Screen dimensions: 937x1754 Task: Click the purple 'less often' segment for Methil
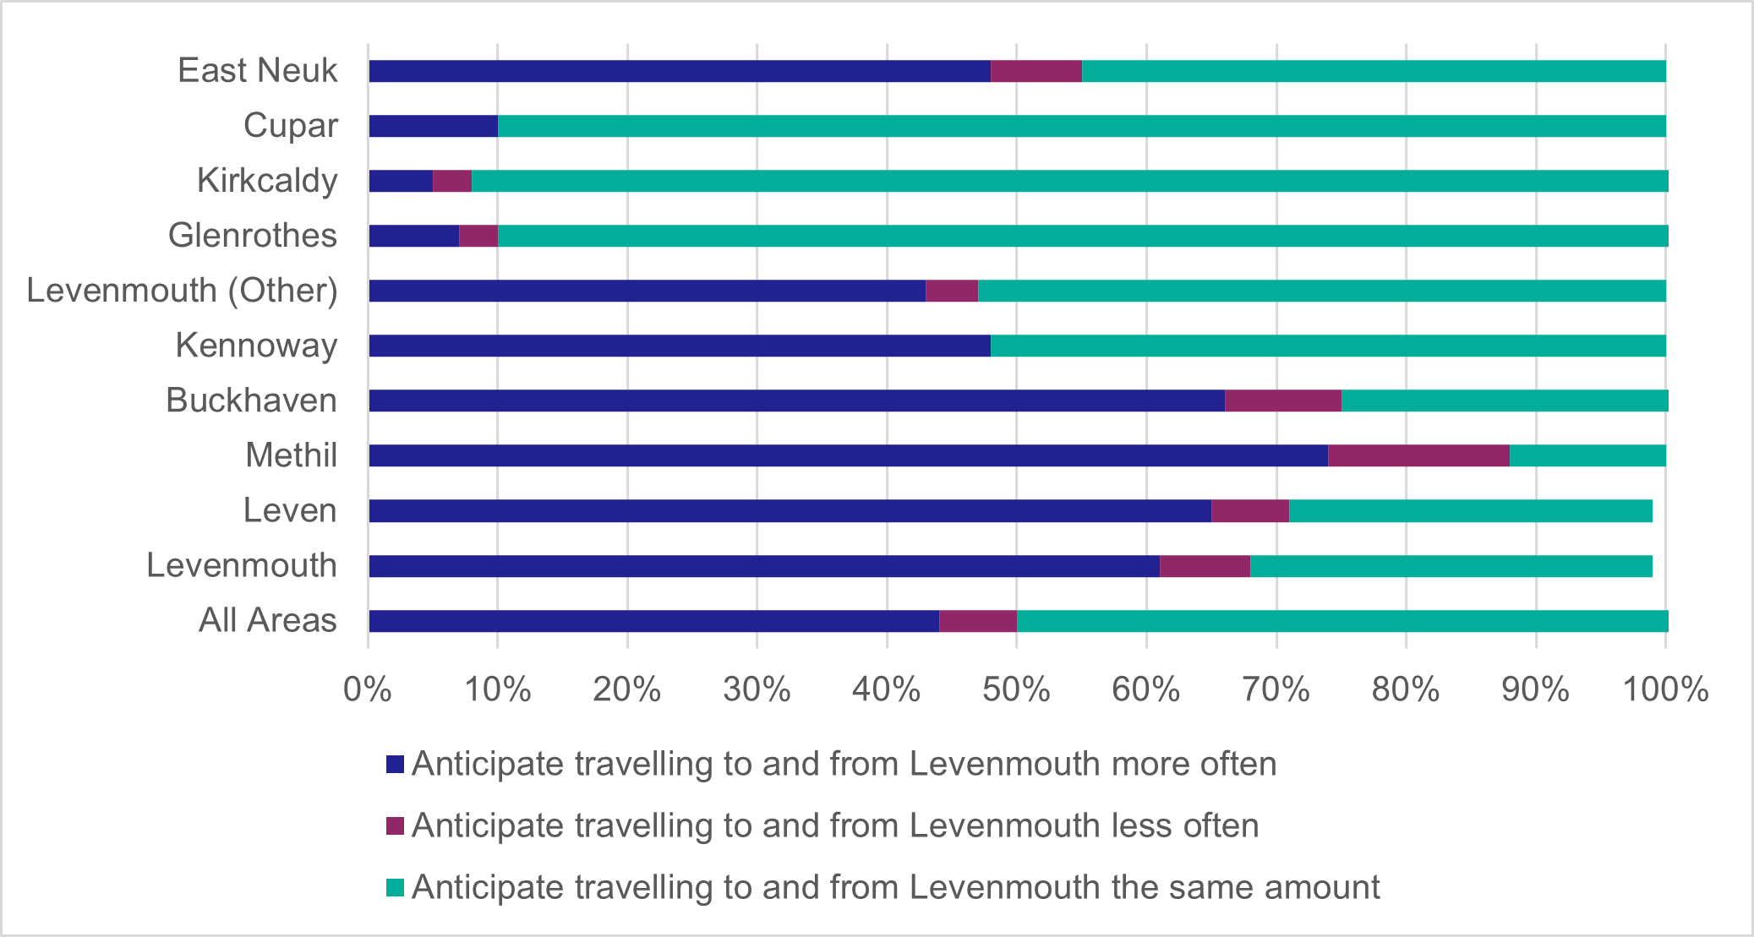[1418, 455]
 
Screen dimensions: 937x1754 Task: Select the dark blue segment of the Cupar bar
[433, 126]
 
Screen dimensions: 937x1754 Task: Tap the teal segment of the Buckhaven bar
[1505, 400]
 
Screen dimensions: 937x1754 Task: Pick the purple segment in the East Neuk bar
[1035, 71]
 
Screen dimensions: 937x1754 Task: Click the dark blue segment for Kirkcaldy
[401, 181]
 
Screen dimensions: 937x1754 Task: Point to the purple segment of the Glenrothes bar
[478, 236]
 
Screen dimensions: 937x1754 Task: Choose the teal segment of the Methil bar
[1587, 455]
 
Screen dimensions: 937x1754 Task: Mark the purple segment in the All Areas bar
[977, 621]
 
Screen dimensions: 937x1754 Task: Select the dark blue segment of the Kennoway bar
[680, 346]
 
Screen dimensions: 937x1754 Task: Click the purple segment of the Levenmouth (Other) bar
[952, 291]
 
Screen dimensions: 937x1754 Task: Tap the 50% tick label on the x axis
[1016, 690]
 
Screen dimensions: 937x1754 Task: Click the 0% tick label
[368, 690]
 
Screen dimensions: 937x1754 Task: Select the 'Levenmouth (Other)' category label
[182, 291]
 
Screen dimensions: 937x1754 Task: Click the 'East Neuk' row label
[257, 71]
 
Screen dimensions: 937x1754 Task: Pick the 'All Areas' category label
[267, 621]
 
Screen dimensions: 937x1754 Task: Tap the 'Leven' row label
[290, 511]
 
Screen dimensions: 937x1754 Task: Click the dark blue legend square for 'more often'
[395, 765]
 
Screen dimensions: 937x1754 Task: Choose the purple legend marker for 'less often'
[395, 826]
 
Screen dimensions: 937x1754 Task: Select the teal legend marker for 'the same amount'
[395, 888]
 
